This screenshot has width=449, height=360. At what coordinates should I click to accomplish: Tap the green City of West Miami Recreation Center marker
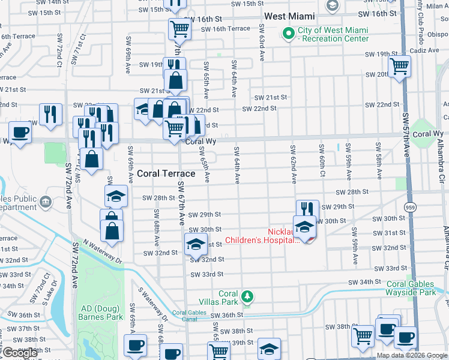pos(289,32)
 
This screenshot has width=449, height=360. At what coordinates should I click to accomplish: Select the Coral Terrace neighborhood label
pos(166,173)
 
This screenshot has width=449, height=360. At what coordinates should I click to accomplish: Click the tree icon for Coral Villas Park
pos(246,296)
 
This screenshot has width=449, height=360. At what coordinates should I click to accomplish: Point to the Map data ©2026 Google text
pos(412,355)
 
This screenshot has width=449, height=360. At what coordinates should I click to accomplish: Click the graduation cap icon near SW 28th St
pos(116,196)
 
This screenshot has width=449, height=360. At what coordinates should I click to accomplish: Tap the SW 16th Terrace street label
pos(226,29)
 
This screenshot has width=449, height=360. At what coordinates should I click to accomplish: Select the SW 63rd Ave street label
pos(262,43)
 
